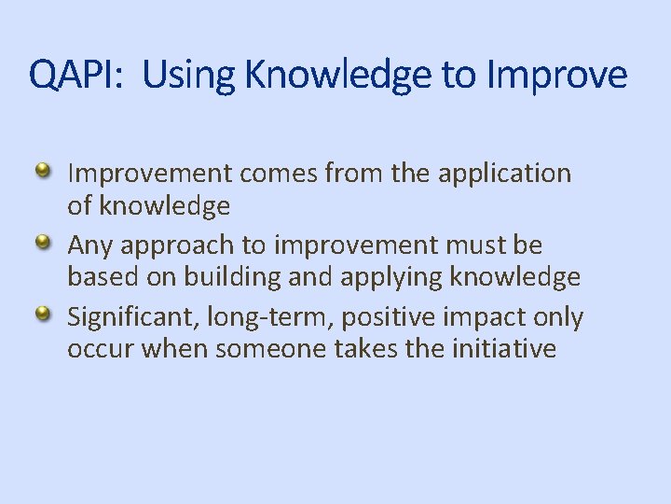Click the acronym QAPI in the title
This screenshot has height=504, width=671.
tap(75, 75)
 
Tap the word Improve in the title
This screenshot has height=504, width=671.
tap(556, 75)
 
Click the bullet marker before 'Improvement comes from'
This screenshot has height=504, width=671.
tap(43, 171)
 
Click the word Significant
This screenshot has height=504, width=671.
tap(127, 318)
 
